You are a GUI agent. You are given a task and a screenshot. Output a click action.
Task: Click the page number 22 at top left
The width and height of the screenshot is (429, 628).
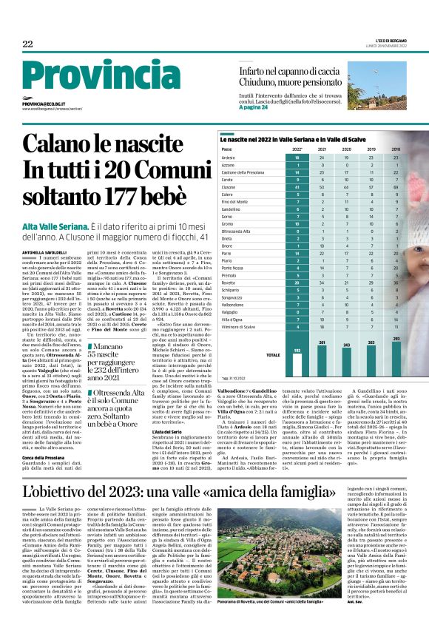pos(28,44)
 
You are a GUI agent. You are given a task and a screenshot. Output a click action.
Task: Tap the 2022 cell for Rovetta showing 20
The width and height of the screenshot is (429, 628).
pos(297,282)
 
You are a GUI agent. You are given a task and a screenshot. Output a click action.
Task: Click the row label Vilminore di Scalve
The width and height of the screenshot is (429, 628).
pos(238,326)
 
